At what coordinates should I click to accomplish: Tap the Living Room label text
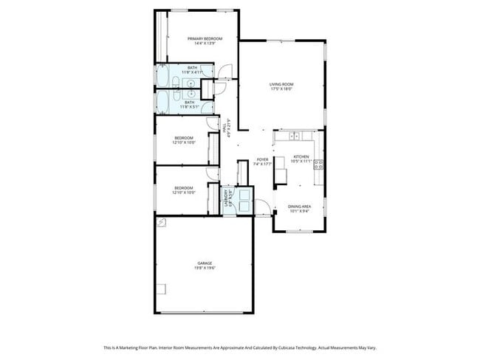click(281, 85)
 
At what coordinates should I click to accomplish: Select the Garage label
click(205, 263)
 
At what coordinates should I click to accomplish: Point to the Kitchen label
click(301, 156)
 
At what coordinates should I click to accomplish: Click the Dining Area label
click(299, 207)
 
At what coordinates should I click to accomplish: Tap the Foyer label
click(262, 159)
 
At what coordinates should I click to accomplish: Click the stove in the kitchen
click(319, 165)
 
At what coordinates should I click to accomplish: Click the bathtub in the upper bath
click(162, 76)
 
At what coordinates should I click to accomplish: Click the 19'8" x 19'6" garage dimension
click(205, 269)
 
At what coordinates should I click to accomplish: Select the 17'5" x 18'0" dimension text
click(281, 90)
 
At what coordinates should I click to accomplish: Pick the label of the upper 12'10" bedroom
click(184, 138)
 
